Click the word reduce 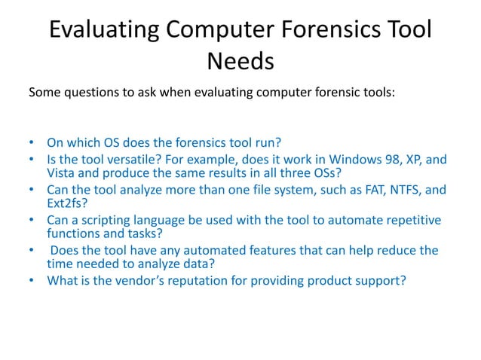tap(391, 251)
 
